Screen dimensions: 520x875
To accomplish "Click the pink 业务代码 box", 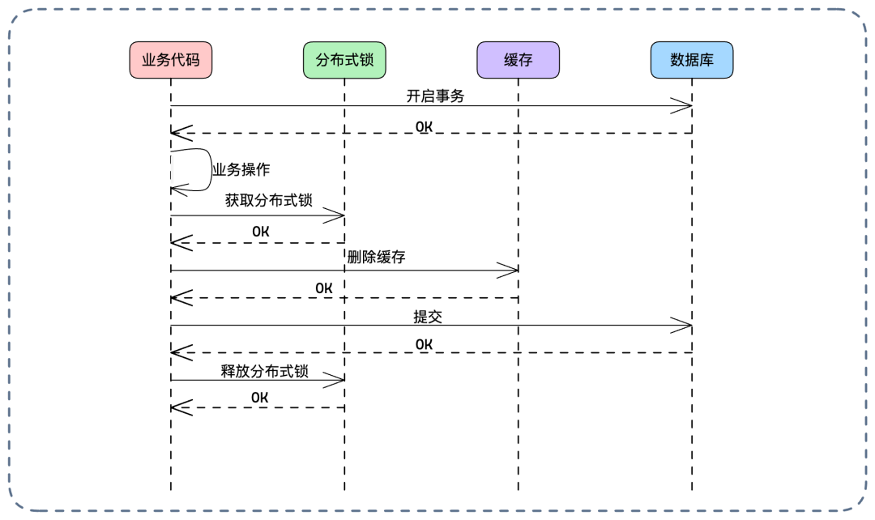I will [x=171, y=60].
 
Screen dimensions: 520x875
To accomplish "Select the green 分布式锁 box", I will [x=344, y=60].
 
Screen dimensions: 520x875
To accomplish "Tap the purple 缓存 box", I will [x=518, y=60].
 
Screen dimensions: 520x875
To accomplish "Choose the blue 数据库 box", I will [x=691, y=60].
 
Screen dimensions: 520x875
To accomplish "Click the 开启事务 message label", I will [x=435, y=96].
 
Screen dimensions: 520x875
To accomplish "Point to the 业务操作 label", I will [x=241, y=170].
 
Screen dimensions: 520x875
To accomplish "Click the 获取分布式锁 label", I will [x=268, y=201].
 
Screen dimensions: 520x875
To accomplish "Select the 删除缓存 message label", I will [x=376, y=258].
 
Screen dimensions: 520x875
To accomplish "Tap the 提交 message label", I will [x=428, y=317].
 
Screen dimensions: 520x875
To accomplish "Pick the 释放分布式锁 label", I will [x=265, y=372].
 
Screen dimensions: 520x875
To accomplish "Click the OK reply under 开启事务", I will [x=424, y=126].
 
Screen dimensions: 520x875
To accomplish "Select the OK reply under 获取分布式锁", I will [x=260, y=232].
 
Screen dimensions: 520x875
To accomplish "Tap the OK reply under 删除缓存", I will [x=324, y=288].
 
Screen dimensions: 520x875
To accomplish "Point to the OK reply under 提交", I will [x=424, y=344].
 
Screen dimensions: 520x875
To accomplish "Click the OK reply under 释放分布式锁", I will [x=259, y=397].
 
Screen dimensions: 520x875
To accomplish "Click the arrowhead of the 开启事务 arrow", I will [x=682, y=105].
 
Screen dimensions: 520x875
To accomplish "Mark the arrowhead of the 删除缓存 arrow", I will [x=509, y=270].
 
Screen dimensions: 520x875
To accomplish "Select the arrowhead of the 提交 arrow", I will [x=682, y=326].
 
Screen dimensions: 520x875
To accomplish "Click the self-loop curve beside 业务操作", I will [x=209, y=170].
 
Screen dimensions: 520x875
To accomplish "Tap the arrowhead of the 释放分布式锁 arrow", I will [x=335, y=381].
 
